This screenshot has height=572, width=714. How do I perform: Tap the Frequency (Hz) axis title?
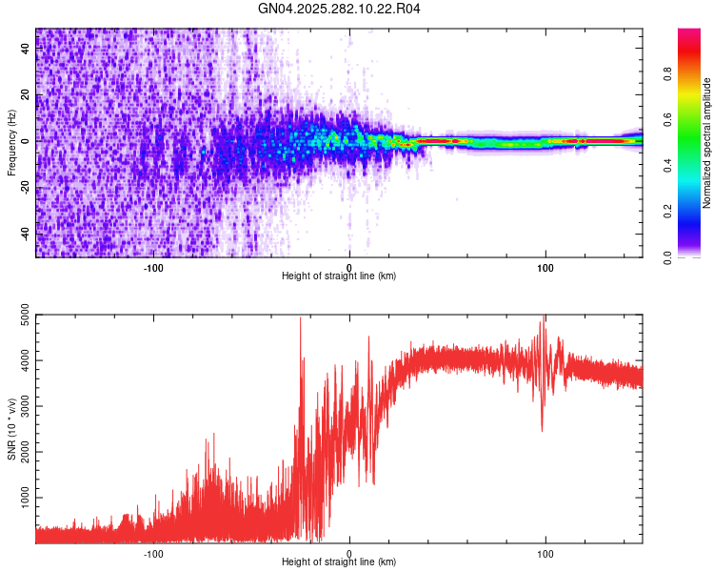[x=12, y=143]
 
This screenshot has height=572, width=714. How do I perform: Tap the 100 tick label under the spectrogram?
[x=545, y=267]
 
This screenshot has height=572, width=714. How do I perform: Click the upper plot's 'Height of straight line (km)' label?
[x=339, y=276]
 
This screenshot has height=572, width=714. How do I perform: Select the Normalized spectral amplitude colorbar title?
[x=707, y=143]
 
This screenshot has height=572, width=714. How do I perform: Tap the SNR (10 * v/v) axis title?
[x=12, y=428]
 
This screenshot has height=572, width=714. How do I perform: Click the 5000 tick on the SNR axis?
[x=20, y=316]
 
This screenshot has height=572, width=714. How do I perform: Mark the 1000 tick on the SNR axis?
[x=20, y=498]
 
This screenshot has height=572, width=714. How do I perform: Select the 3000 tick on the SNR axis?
[x=20, y=406]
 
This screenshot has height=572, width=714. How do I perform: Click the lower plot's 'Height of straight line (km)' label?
[x=339, y=562]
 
